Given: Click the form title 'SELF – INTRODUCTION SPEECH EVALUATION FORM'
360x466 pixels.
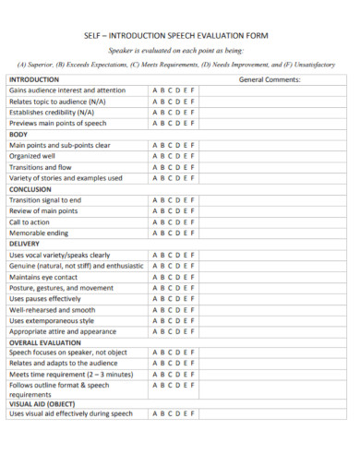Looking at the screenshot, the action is tap(180, 35).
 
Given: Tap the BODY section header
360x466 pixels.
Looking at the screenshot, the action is tap(18, 135).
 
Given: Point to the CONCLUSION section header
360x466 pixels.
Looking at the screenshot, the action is tap(30, 189).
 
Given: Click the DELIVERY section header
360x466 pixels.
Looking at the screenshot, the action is tap(26, 244).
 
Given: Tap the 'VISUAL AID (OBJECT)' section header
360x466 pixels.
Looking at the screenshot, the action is tap(42, 403).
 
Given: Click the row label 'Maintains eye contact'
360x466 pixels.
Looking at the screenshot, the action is tap(43, 277).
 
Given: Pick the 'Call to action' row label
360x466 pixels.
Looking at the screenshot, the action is tap(30, 221).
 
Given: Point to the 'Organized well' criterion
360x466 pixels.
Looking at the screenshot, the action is tap(32, 156).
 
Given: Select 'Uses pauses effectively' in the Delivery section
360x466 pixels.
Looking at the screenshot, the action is tap(45, 298).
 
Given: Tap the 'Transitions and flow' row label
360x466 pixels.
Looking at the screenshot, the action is tap(40, 167).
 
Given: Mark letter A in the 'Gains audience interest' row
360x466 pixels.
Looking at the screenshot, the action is tap(153, 91).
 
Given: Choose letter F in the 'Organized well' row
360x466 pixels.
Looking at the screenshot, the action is tap(195, 156).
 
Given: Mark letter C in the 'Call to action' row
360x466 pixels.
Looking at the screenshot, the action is tap(170, 221).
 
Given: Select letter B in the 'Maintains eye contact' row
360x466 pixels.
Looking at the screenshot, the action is tap(162, 277).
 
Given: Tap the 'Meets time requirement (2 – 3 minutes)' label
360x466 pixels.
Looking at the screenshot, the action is tap(68, 375).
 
